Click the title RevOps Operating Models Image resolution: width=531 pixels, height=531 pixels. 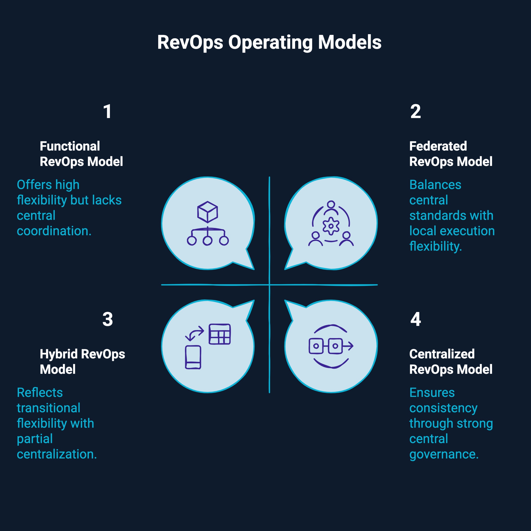pos(269,42)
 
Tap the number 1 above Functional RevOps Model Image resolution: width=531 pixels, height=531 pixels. pos(107,112)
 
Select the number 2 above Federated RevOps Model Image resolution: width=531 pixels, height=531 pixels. pos(415,112)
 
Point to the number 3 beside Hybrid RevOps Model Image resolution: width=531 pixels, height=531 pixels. pos(107,319)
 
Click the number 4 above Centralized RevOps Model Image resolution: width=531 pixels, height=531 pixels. pos(415,319)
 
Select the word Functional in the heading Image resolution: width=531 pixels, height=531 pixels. pos(70,146)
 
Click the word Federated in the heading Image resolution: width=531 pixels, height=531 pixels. pos(438,146)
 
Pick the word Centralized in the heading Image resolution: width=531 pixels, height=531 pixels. pos(442,354)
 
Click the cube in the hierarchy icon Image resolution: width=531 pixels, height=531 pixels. pos(208,212)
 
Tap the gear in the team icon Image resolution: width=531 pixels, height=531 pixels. pos(331,226)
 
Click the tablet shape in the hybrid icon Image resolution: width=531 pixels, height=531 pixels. pos(193,357)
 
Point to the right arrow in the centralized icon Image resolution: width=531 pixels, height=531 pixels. pos(348,346)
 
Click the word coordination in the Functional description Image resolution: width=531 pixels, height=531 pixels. pos(54,231)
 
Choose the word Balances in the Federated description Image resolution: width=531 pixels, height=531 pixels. pos(435,185)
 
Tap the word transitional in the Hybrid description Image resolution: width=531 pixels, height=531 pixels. pos(48,408)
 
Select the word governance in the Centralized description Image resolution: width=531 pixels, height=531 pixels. pos(444,454)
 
